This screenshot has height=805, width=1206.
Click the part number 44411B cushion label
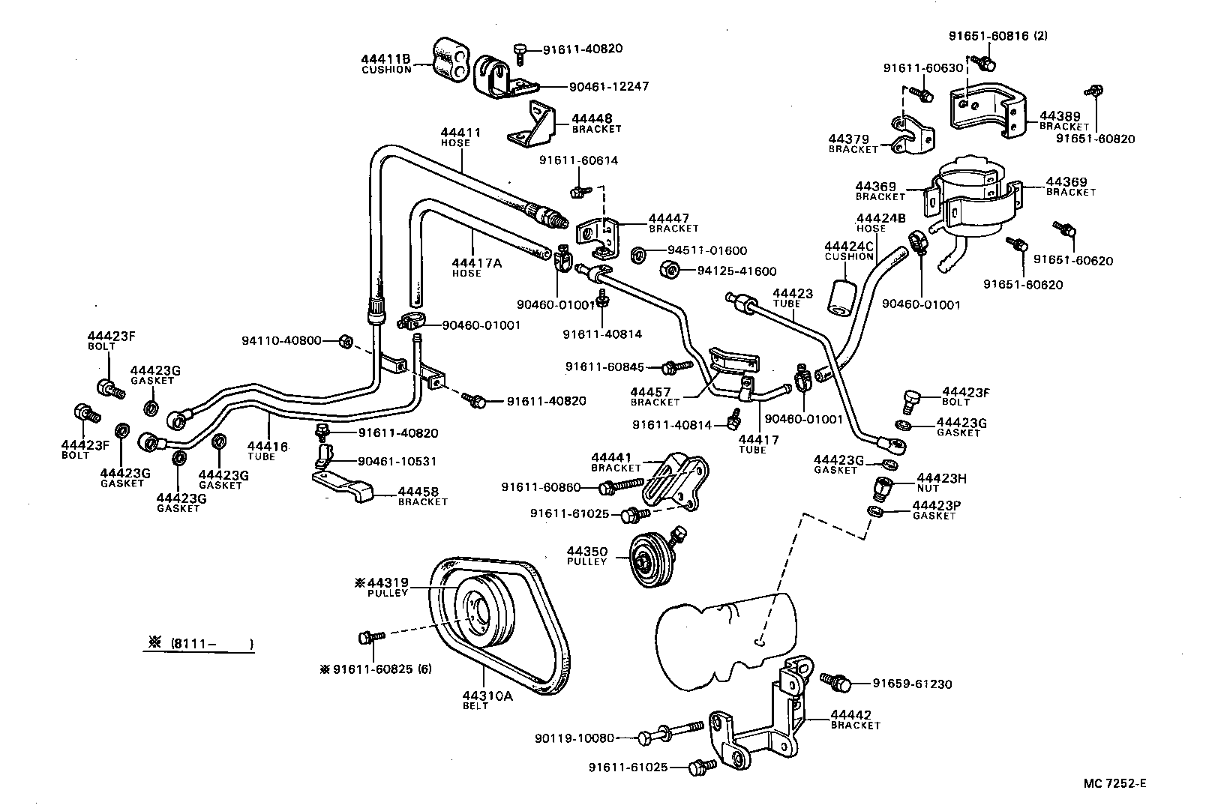pos(385,64)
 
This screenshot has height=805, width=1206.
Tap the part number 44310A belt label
pos(487,700)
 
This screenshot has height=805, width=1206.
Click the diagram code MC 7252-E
pos(1114,784)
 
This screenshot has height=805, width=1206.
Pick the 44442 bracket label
pos(855,720)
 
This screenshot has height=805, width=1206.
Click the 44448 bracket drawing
pos(535,126)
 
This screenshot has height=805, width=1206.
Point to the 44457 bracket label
pos(651,396)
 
